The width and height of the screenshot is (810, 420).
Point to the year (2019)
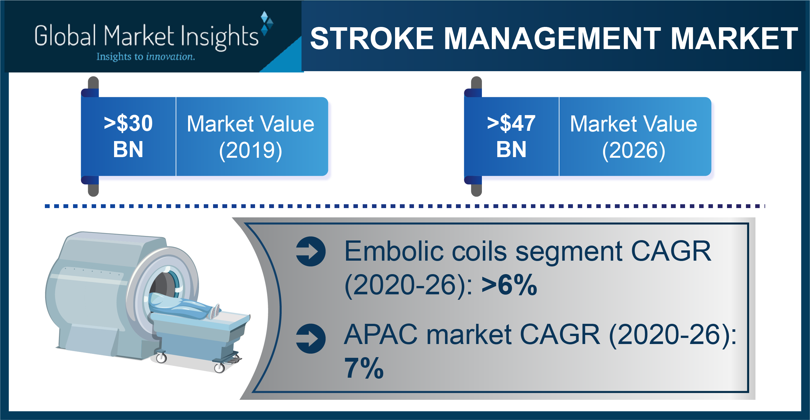coord(251,150)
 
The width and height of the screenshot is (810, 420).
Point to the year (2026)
coord(634,150)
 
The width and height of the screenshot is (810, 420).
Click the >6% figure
coord(509,285)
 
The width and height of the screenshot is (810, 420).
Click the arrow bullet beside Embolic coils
coord(311,251)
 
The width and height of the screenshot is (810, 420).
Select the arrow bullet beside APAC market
coord(311,339)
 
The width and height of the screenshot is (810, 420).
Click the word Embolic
coord(393,251)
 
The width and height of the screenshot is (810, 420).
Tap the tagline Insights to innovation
coord(146,57)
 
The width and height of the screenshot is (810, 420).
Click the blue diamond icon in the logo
coord(267,23)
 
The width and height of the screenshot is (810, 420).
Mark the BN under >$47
coord(511,149)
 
